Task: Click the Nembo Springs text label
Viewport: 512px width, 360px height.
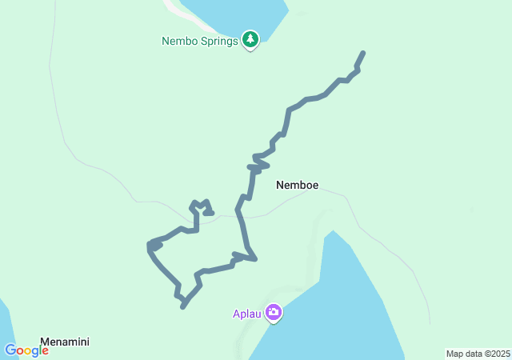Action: click(200, 41)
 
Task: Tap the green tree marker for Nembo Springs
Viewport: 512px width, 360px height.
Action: click(250, 39)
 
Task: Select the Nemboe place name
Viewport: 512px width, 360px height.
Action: click(297, 186)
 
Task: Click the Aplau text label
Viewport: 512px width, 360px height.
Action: click(248, 313)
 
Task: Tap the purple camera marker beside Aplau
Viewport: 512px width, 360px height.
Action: click(274, 312)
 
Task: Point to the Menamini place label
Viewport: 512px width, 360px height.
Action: click(65, 342)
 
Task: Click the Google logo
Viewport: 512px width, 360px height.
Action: click(26, 350)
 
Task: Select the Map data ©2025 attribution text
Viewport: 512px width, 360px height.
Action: click(478, 354)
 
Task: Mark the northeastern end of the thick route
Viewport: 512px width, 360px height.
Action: click(362, 53)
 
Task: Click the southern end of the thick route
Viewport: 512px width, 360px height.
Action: click(183, 306)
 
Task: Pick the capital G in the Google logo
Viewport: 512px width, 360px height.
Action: click(10, 350)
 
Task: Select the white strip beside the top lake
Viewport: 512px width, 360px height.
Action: click(178, 10)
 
